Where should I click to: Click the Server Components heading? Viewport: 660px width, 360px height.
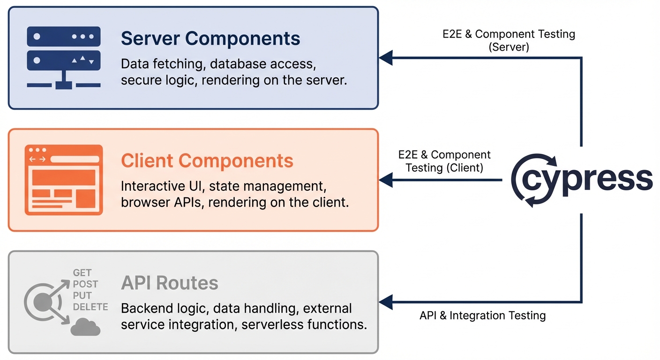[x=210, y=38]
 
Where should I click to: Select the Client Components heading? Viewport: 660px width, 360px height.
[x=207, y=161]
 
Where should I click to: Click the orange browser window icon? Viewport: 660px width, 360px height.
[x=64, y=180]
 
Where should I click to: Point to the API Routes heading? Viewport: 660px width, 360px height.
[x=170, y=283]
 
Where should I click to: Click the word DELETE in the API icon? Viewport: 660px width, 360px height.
[x=90, y=307]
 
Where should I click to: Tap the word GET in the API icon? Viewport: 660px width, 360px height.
[x=82, y=273]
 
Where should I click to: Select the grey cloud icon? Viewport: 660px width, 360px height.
[x=85, y=327]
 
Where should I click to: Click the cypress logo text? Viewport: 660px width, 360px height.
[x=591, y=180]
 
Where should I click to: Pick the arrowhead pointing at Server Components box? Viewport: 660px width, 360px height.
[x=385, y=58]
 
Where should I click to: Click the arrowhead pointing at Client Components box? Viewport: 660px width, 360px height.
[x=385, y=180]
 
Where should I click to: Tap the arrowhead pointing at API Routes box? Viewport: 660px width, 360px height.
[x=385, y=302]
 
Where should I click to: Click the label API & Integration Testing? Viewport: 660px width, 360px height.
[x=482, y=315]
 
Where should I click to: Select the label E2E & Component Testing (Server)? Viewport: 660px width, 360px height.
[x=509, y=40]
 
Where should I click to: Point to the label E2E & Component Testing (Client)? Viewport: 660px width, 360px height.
[x=444, y=161]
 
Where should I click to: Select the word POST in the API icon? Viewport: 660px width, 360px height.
[x=85, y=284]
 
